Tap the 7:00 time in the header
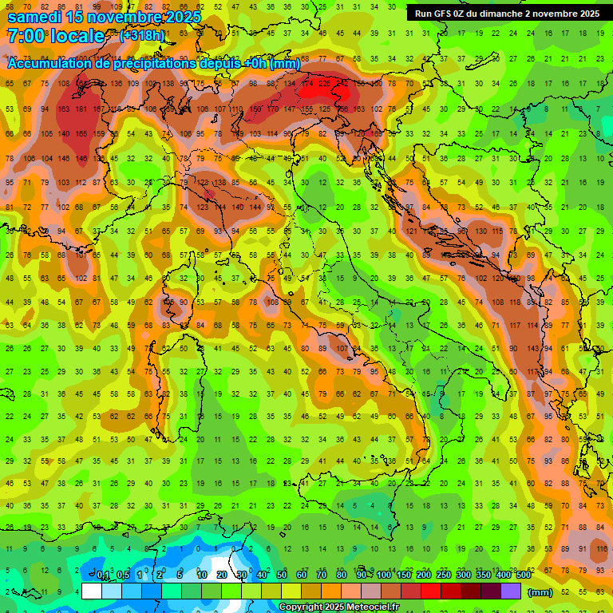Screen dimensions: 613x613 click(26, 36)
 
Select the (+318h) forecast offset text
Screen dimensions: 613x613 click(142, 36)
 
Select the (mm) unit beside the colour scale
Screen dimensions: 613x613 click(540, 592)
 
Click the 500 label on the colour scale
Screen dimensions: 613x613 click(523, 575)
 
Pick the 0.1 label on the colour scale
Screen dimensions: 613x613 click(103, 575)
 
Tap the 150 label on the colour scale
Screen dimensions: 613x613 click(403, 575)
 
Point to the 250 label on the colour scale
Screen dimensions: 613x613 click(443, 575)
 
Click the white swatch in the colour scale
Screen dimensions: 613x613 click(92, 591)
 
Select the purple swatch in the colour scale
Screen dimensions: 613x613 click(511, 591)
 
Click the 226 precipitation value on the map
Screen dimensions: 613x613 click(326, 83)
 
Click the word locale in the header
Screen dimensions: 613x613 click(77, 36)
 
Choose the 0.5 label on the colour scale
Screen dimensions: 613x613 click(123, 575)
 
